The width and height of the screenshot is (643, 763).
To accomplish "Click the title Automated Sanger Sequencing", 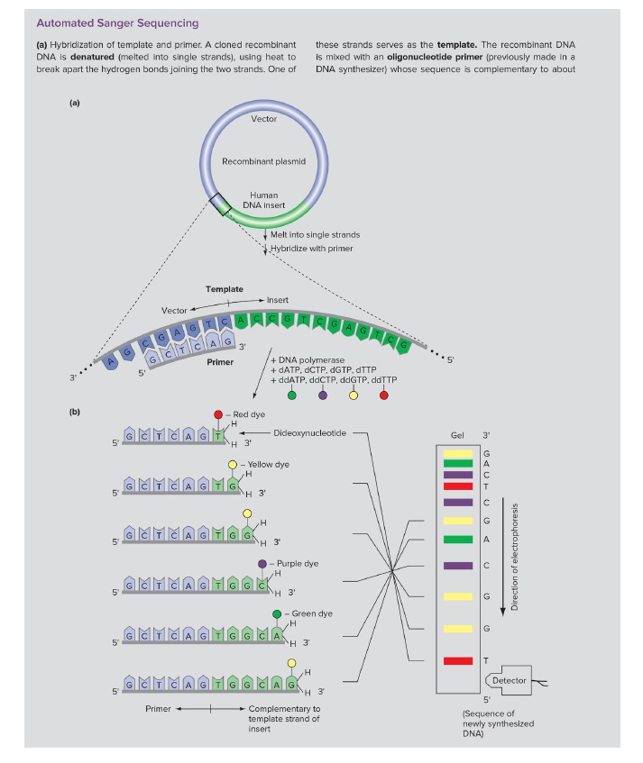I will pyautogui.click(x=117, y=22).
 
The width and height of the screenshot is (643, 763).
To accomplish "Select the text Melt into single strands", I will pyautogui.click(x=308, y=235).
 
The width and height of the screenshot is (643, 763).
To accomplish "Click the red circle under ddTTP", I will pyautogui.click(x=384, y=395).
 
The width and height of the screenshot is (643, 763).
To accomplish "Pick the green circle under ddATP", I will pyautogui.click(x=291, y=395).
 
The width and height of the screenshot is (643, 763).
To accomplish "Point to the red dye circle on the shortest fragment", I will pyautogui.click(x=218, y=414).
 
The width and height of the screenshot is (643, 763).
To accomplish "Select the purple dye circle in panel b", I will pyautogui.click(x=262, y=563).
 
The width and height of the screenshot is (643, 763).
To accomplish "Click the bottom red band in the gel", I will pyautogui.click(x=457, y=661).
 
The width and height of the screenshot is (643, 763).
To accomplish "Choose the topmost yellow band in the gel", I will pyautogui.click(x=457, y=452).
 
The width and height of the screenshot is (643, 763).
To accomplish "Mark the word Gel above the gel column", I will pyautogui.click(x=457, y=433).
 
